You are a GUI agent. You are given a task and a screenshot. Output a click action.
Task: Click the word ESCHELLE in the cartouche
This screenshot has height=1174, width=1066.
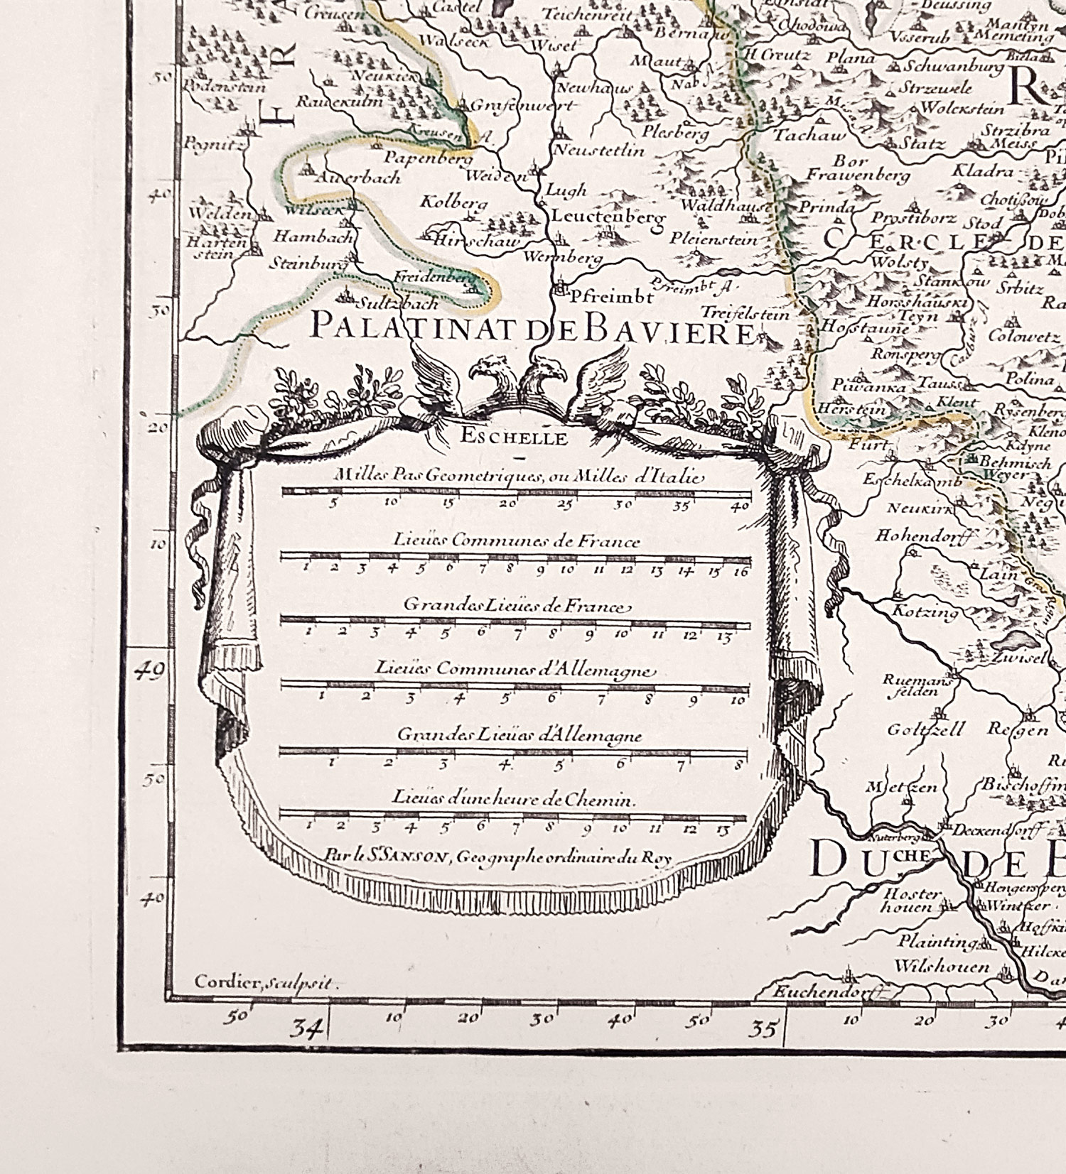click(x=514, y=437)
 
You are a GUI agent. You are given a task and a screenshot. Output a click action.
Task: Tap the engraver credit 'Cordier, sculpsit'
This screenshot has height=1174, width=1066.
click(x=266, y=983)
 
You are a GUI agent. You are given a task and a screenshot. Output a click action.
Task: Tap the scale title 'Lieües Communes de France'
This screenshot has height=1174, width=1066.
click(x=517, y=541)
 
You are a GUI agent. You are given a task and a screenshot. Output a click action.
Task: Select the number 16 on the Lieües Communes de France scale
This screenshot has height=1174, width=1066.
click(x=741, y=571)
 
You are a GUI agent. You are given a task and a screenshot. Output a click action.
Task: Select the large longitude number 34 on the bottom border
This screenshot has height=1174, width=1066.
click(x=307, y=1028)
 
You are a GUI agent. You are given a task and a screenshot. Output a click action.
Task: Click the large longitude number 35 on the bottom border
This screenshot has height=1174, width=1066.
click(x=764, y=1028)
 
